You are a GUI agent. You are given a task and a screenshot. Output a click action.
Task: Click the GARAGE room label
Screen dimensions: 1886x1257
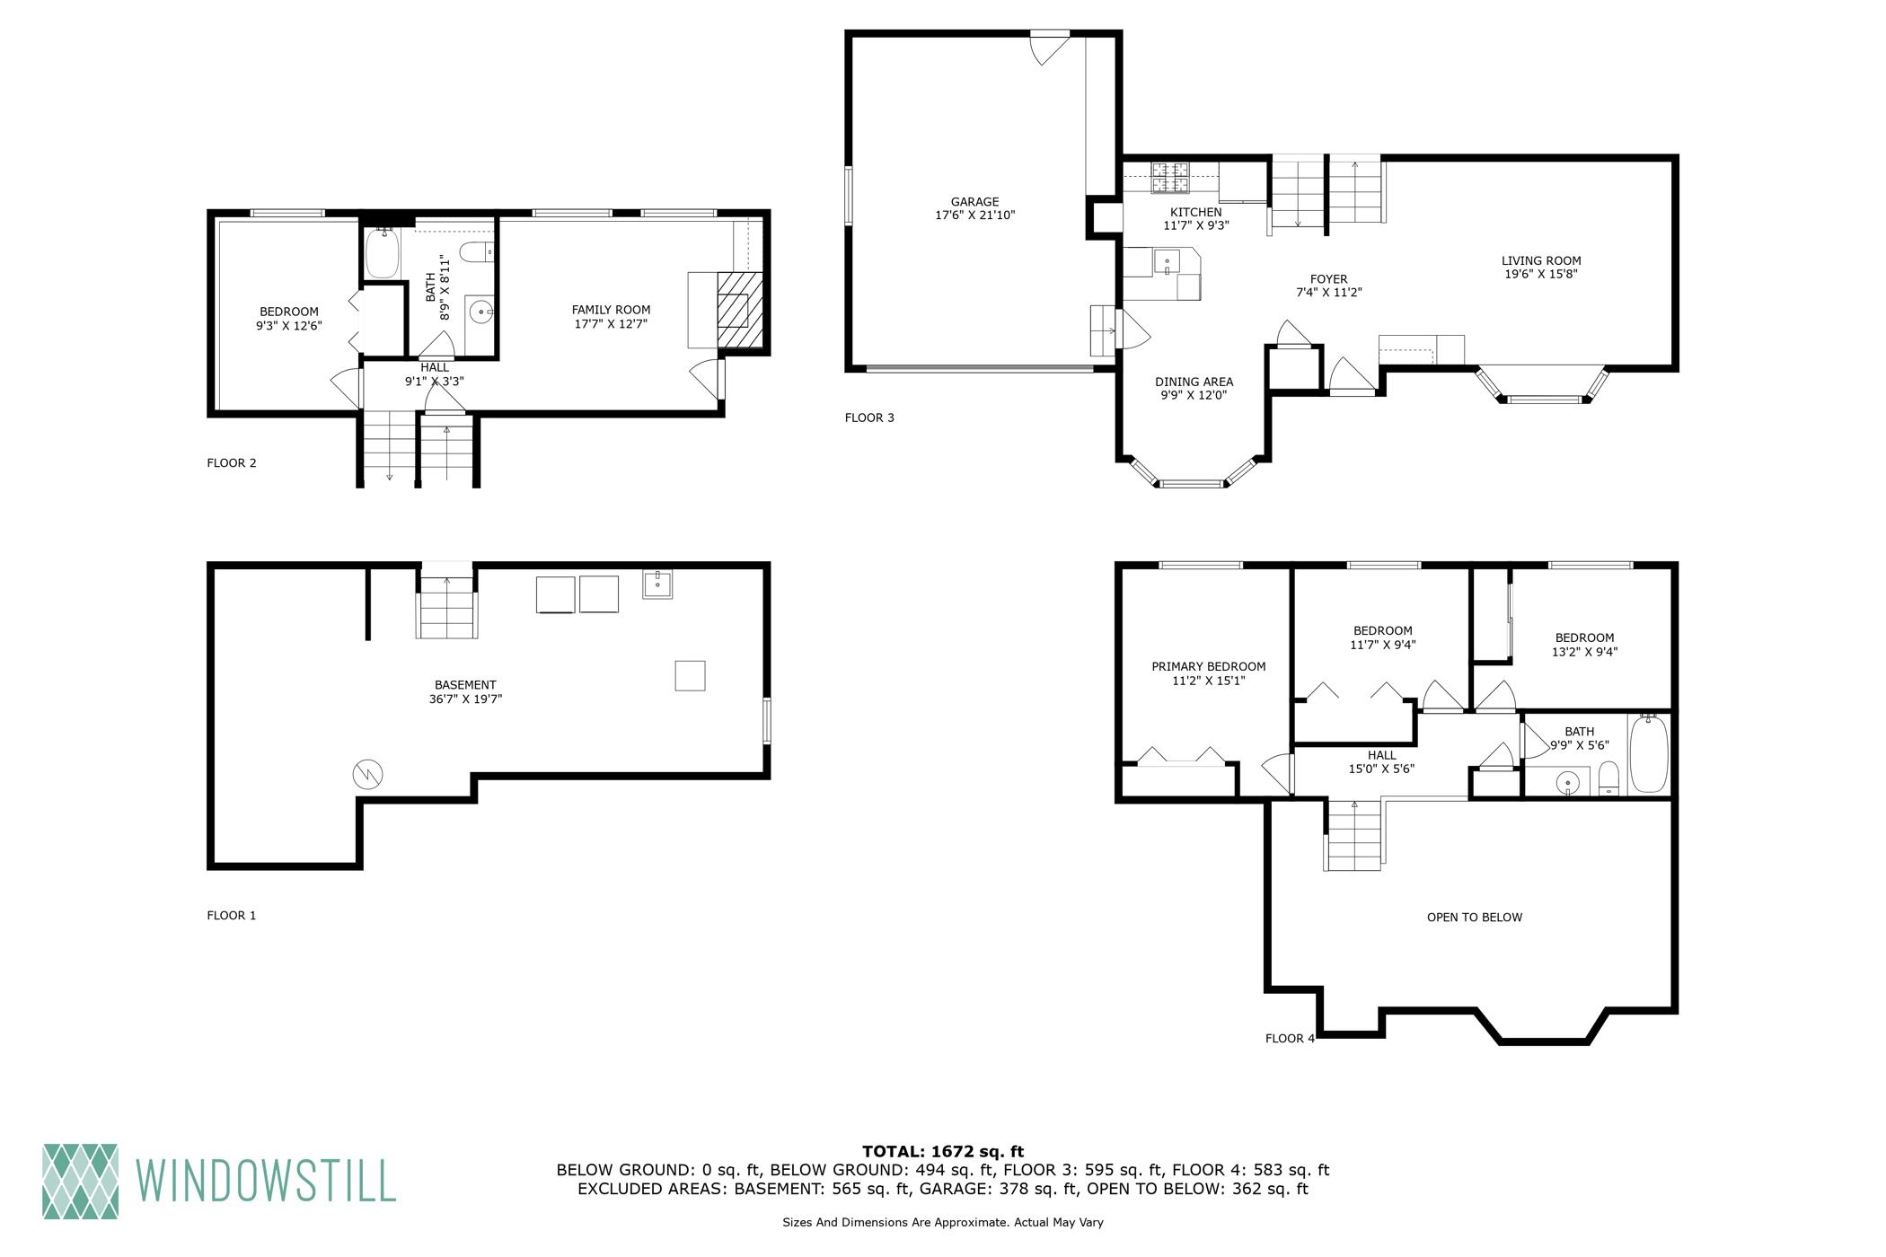click(x=974, y=202)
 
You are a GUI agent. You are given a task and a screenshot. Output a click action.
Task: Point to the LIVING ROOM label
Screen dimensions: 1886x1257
click(x=1541, y=261)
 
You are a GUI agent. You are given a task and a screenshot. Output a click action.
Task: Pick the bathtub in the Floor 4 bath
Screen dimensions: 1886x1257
click(x=1648, y=753)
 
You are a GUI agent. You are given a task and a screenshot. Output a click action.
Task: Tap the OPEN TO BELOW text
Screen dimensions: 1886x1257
click(x=1475, y=918)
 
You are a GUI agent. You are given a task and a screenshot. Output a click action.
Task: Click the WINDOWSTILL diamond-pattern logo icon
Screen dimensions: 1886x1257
click(x=80, y=1181)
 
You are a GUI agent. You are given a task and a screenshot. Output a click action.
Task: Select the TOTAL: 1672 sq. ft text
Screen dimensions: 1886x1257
click(x=943, y=1152)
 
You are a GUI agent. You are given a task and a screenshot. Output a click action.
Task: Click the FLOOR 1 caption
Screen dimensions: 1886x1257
click(x=232, y=916)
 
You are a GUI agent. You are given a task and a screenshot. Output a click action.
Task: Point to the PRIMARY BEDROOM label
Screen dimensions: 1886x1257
click(x=1209, y=666)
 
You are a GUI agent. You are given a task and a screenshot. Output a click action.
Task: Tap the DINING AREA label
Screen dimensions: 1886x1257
click(x=1194, y=382)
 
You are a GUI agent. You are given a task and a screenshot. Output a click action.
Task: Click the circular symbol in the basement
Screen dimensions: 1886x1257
click(x=368, y=774)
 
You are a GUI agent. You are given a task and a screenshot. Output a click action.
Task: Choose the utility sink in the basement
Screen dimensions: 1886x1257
click(x=658, y=585)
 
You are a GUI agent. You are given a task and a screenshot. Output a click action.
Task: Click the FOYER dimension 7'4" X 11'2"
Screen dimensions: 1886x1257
click(x=1329, y=293)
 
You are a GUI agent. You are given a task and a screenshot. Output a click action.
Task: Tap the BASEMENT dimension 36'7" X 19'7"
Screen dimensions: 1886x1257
click(x=465, y=699)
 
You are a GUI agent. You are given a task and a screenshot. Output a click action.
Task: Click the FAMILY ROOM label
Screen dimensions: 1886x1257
click(x=611, y=310)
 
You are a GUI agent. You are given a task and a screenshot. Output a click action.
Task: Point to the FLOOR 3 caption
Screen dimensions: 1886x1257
click(x=869, y=418)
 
